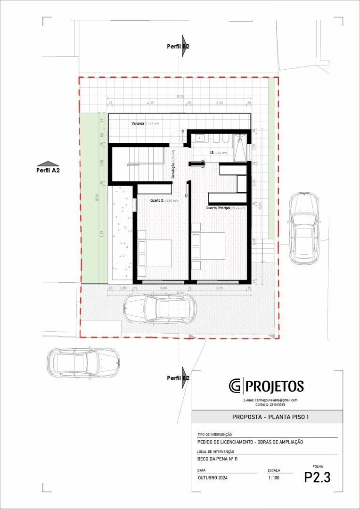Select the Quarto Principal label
click(224, 208)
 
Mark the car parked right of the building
click(303, 228)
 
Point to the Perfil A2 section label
click(48, 170)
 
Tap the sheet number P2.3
click(317, 477)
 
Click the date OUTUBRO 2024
click(213, 478)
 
